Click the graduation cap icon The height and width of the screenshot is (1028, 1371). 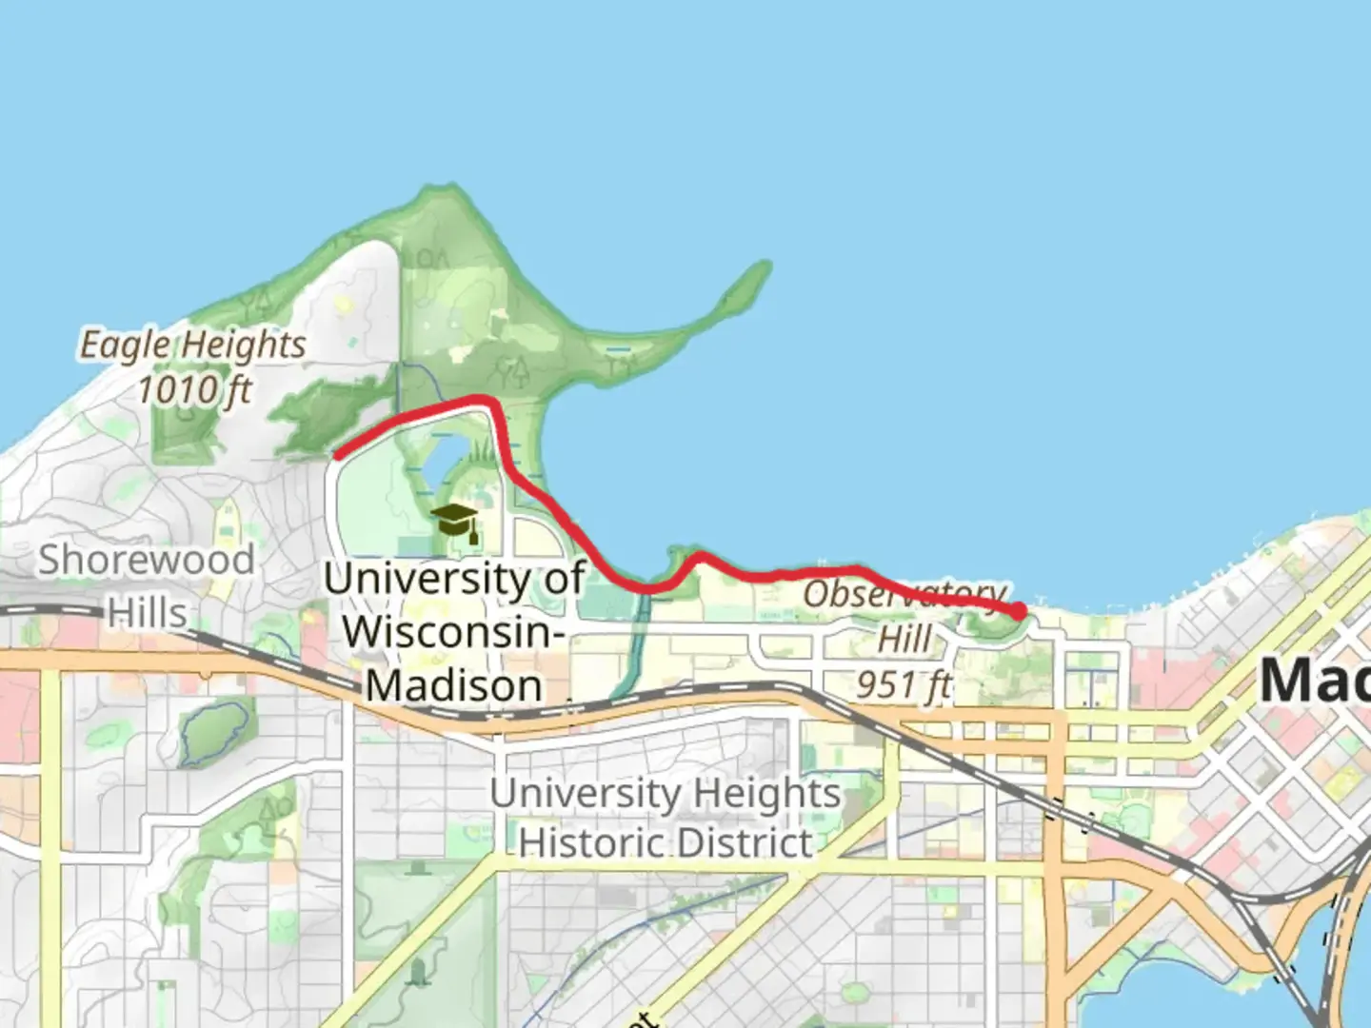(455, 522)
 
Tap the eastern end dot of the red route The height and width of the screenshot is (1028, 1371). (1018, 611)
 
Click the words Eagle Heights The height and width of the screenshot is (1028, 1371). (192, 345)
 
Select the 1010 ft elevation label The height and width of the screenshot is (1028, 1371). (194, 389)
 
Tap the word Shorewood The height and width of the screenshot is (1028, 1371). (147, 560)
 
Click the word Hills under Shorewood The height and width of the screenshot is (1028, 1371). (147, 613)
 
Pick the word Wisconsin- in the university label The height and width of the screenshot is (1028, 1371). (454, 632)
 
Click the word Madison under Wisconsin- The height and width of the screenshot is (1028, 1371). (454, 685)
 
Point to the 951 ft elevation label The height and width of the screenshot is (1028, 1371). (904, 683)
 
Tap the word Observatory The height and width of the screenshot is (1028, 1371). (904, 594)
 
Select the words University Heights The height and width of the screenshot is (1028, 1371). (666, 793)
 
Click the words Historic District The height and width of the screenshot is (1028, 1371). (666, 842)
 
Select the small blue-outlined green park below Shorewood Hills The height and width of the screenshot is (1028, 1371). (215, 733)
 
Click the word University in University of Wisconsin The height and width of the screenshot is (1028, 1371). (426, 579)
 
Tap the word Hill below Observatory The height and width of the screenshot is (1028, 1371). (904, 640)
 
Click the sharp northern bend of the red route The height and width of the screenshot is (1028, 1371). (487, 402)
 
